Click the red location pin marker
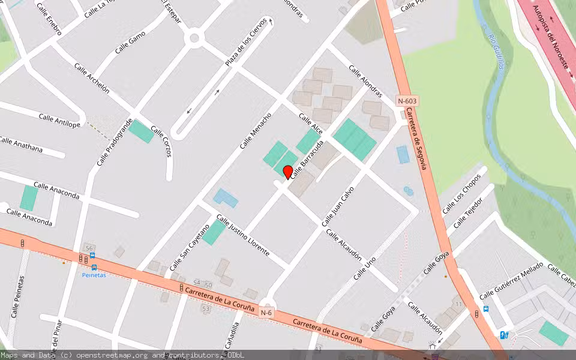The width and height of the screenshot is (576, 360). pyautogui.click(x=288, y=172)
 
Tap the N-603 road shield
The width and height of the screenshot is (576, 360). pyautogui.click(x=407, y=101)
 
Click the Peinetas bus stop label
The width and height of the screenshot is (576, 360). pyautogui.click(x=94, y=275)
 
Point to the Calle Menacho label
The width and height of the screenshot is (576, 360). pyautogui.click(x=256, y=131)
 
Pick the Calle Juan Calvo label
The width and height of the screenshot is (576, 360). pyautogui.click(x=338, y=205)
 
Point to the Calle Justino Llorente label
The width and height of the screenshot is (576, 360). pyautogui.click(x=243, y=235)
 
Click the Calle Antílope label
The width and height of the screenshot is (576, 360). pyautogui.click(x=59, y=120)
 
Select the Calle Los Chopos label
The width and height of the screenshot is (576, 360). pyautogui.click(x=462, y=194)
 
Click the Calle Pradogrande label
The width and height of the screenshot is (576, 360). pyautogui.click(x=114, y=142)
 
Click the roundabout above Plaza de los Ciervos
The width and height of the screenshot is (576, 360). pyautogui.click(x=194, y=39)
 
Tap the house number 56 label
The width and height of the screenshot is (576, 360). pyautogui.click(x=90, y=248)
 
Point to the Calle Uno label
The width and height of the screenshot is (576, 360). pyautogui.click(x=365, y=268)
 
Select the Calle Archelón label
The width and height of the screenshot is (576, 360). pyautogui.click(x=92, y=78)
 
